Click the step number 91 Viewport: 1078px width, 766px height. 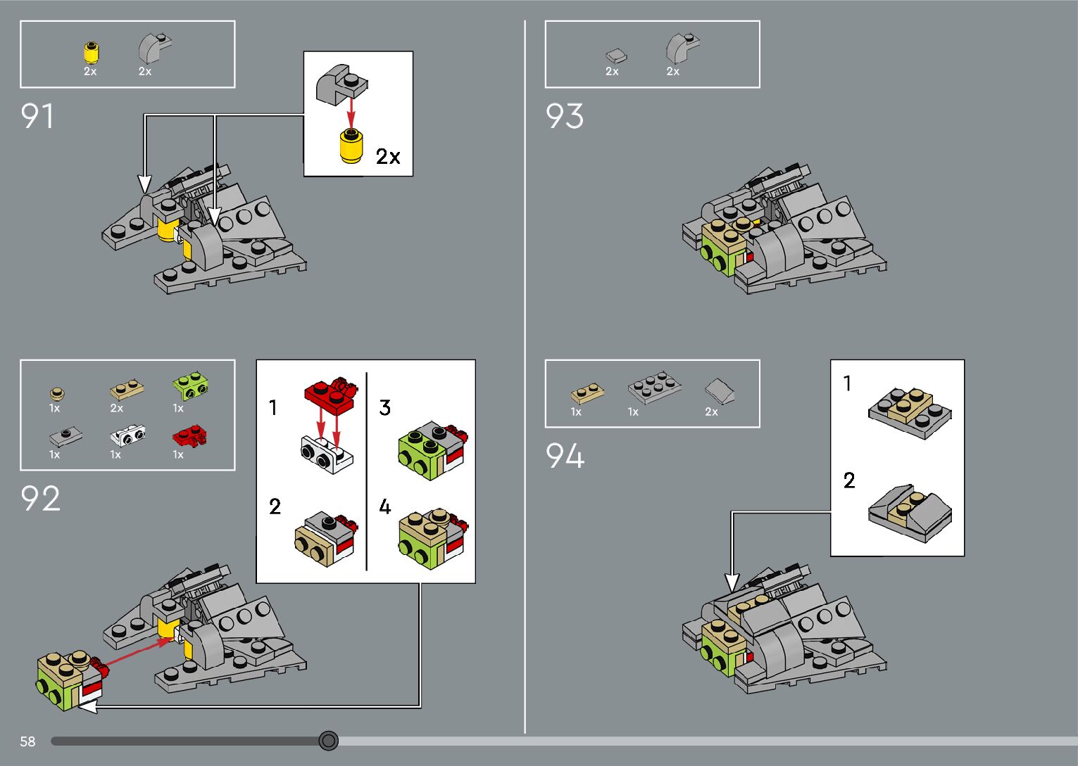point(37,116)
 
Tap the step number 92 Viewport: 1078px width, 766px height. point(40,499)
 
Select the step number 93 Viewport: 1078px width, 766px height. point(565,116)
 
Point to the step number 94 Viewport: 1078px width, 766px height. point(565,456)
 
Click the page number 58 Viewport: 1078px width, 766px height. point(27,741)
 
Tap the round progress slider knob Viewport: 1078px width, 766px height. point(328,741)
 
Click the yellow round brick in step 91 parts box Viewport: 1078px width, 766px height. point(91,53)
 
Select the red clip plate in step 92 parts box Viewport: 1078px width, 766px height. point(189,437)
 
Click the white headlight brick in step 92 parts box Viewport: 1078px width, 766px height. point(128,436)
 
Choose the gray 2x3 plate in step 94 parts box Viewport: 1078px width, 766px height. point(654,387)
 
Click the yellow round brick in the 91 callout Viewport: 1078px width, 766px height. point(350,147)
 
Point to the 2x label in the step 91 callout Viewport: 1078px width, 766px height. point(388,156)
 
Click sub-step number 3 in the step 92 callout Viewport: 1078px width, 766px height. point(384,408)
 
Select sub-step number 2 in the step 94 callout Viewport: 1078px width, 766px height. point(849,480)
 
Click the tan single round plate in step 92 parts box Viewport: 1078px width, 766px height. point(57,393)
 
